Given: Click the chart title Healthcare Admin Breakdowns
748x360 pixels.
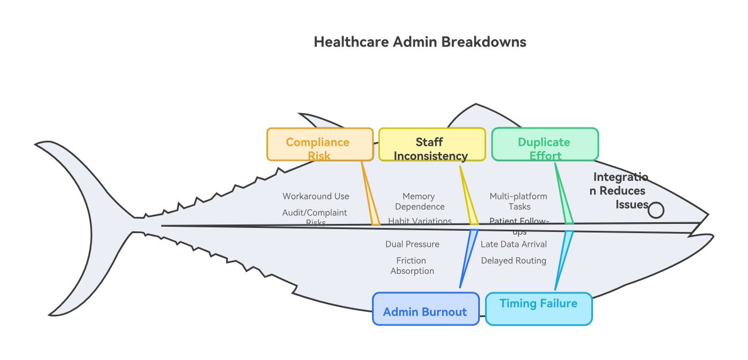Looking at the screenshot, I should [x=420, y=42].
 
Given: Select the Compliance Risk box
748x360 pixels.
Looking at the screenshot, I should [x=319, y=144].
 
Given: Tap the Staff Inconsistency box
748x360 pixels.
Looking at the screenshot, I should [x=431, y=144].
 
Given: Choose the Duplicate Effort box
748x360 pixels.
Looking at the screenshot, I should [x=544, y=144].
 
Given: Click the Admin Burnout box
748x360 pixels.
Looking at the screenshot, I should [x=425, y=309].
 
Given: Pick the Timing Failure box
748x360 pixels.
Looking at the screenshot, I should [x=538, y=309].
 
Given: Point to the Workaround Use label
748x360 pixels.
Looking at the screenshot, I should [x=316, y=196].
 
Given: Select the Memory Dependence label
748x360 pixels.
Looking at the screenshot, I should [x=419, y=202].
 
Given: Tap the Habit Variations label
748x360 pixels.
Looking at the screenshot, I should [x=420, y=221].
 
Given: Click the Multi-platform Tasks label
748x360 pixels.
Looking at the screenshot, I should [x=518, y=202].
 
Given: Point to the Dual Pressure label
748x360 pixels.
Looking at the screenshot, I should [x=412, y=245].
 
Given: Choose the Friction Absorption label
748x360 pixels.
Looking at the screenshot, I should [x=412, y=266].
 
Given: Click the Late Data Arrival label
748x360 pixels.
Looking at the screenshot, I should [x=514, y=245].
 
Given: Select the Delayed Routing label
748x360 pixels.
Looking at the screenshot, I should [x=514, y=261].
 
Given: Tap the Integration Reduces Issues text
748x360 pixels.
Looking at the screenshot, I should [x=619, y=191].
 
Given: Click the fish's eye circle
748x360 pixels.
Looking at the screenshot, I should [x=656, y=211].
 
